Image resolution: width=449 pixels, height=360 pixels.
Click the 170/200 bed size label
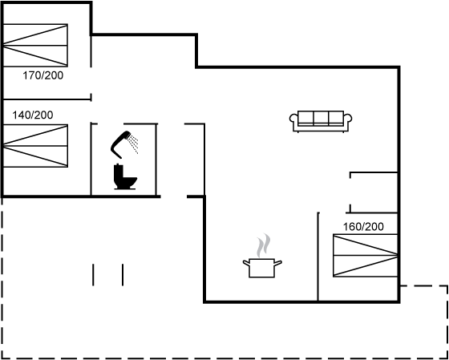43,75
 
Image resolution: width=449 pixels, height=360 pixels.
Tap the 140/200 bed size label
33,115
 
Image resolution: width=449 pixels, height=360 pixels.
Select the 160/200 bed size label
363,227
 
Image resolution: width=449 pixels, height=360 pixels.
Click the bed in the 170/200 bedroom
35,45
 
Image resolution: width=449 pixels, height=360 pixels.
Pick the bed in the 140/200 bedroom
35,145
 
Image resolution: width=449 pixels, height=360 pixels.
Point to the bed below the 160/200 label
366,256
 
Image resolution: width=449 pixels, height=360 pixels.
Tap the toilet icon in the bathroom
125,176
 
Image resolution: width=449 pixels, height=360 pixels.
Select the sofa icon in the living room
321,121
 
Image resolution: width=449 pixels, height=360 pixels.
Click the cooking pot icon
262,268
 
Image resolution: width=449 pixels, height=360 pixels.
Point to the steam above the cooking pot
264,245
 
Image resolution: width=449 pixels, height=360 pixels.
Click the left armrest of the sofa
293,119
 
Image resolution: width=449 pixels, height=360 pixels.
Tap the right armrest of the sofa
348,119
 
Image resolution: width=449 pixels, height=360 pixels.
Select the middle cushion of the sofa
321,117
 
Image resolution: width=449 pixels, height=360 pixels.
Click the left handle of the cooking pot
246,262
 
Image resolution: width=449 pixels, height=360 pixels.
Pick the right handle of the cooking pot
278,262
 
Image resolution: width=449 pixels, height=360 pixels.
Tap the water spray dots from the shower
133,143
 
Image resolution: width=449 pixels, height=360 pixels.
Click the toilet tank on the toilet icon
118,172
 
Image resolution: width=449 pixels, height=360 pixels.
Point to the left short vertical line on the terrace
93,275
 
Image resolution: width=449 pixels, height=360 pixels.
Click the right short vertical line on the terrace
123,275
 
